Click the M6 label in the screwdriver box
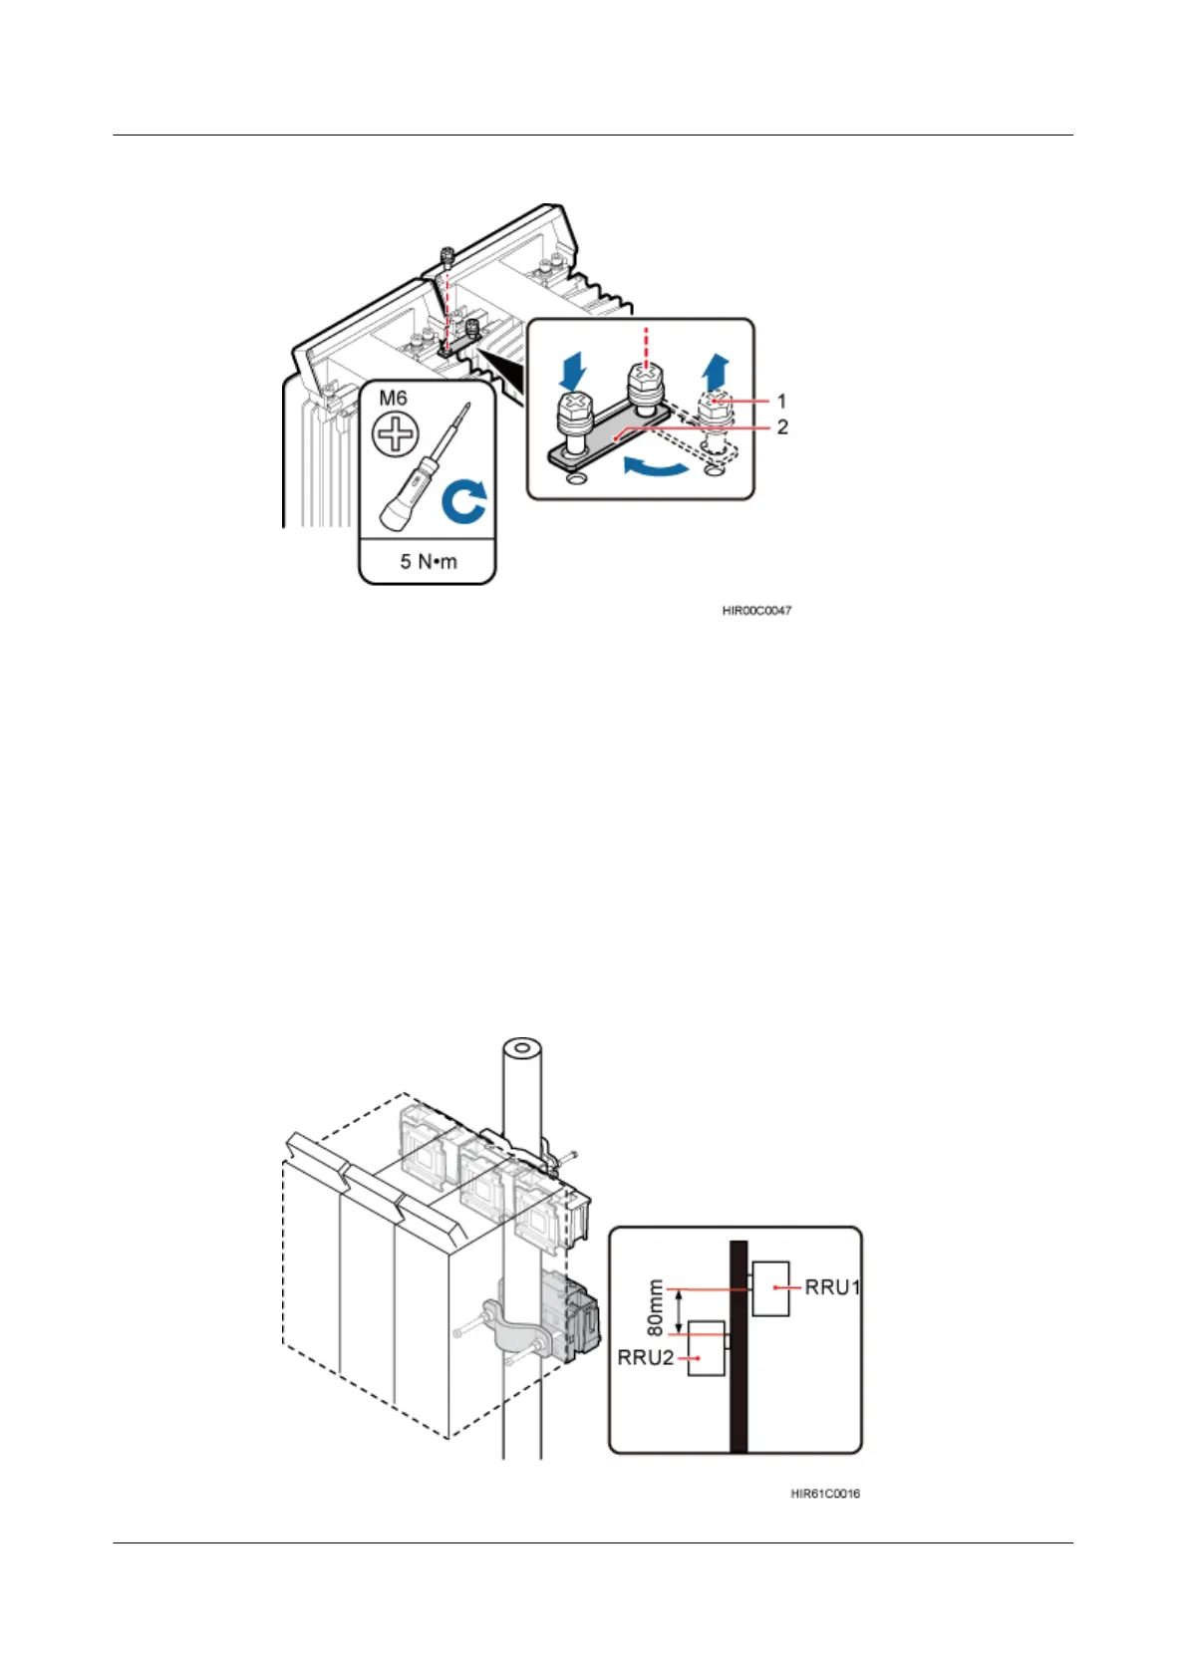point(393,399)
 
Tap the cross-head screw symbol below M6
point(396,435)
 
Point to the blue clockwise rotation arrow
point(464,500)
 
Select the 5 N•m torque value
point(429,561)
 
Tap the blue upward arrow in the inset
point(715,372)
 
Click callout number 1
point(781,401)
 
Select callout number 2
point(782,426)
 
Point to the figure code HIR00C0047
point(757,610)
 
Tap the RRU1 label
point(833,1287)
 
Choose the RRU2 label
point(646,1358)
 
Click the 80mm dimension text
point(655,1308)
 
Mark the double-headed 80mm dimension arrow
point(680,1312)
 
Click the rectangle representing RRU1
point(770,1288)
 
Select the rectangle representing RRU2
point(707,1348)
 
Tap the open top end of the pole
point(521,1049)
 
